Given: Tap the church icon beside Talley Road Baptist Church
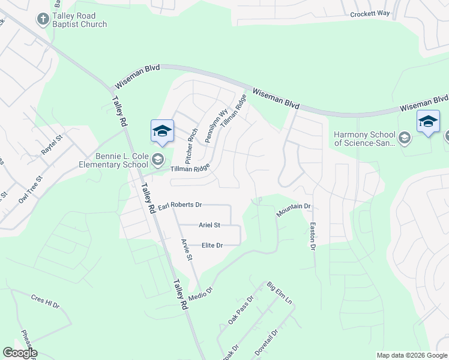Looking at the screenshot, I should pyautogui.click(x=43, y=20).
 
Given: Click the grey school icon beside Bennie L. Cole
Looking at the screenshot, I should pyautogui.click(x=158, y=159).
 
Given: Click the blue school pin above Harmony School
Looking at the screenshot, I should pyautogui.click(x=428, y=122).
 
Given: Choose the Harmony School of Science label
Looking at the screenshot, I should pyautogui.click(x=364, y=139).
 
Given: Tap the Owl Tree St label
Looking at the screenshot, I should pyautogui.click(x=31, y=188).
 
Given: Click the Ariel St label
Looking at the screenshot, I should pyautogui.click(x=210, y=225).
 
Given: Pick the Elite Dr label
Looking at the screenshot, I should pyautogui.click(x=212, y=245).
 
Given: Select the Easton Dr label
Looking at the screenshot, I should pyautogui.click(x=312, y=236).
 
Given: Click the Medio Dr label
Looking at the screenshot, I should pyautogui.click(x=201, y=292).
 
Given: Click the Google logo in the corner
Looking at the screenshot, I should pyautogui.click(x=20, y=353).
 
